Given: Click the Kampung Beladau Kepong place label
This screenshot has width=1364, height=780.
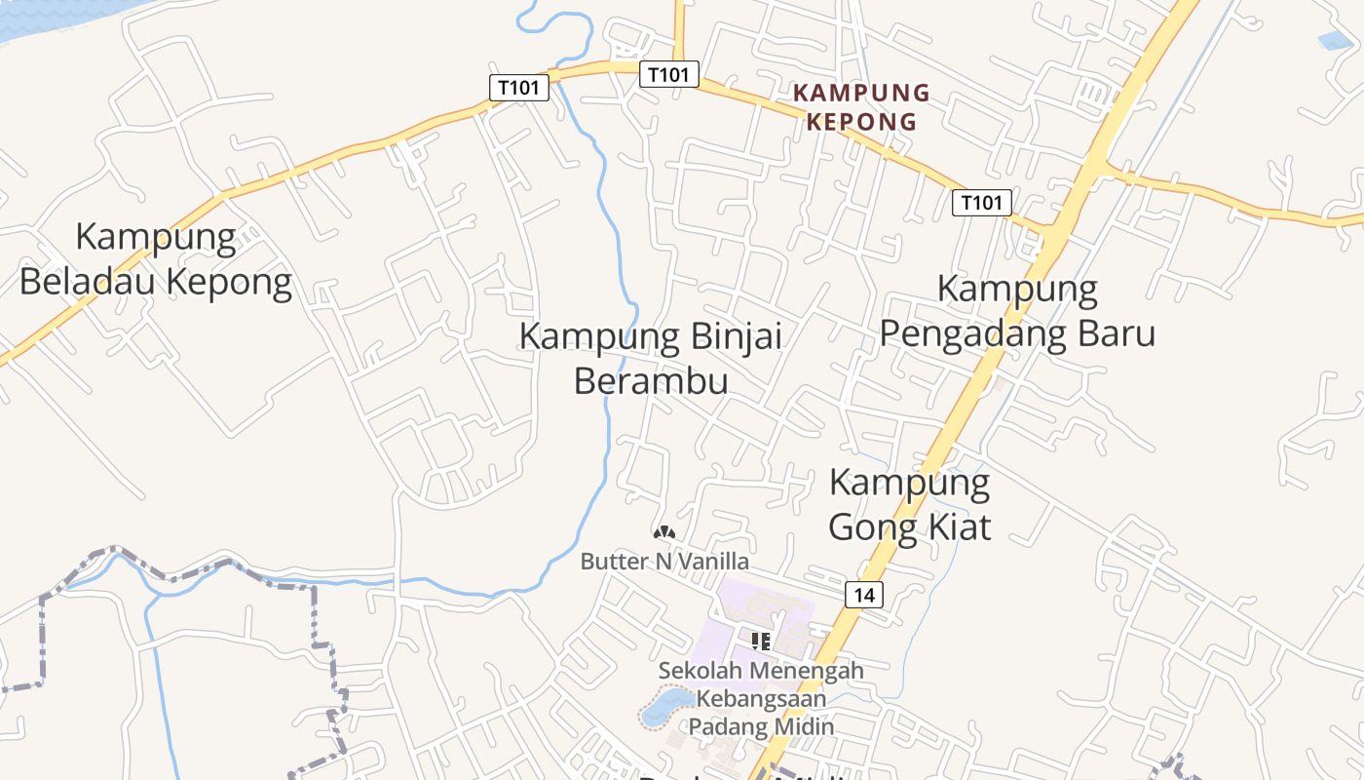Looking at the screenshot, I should pos(156,259).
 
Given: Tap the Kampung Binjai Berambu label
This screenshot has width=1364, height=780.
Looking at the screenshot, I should pos(651,358).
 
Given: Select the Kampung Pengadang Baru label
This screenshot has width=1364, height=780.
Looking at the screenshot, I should pos(1017,311).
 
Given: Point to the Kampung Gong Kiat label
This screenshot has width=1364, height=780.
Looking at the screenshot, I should pos(909,504).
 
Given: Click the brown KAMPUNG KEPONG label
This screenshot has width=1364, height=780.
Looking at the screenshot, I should pos(861,107).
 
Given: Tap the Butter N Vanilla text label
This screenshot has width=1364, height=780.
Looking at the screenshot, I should pos(664,562).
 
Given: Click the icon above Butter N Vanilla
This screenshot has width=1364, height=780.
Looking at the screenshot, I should pos(664,532).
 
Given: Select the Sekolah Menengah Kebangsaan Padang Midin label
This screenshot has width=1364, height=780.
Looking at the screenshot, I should pos(761,698).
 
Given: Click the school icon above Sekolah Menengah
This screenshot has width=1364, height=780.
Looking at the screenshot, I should pos(761,641).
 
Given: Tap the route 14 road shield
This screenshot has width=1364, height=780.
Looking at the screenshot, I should pos(864,595).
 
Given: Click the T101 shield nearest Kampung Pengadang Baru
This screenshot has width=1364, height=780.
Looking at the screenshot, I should pos(981,203).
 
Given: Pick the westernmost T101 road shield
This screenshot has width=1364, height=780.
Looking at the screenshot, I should pos(518,88).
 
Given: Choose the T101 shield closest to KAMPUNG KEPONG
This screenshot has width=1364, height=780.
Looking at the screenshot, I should pos(669,74).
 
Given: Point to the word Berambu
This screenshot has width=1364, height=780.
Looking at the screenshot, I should pos(651,380).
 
